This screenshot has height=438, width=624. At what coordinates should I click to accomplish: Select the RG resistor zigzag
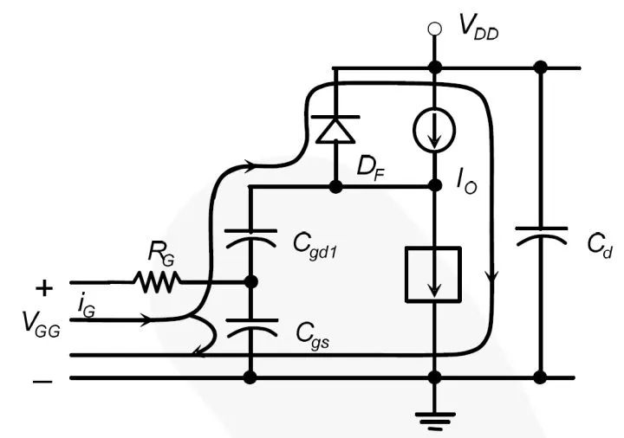(157, 281)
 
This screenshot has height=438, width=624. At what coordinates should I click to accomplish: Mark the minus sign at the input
(42, 378)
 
